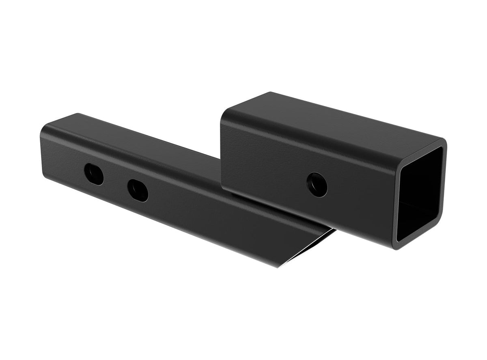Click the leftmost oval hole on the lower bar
click(94, 174)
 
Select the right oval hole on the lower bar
click(138, 190)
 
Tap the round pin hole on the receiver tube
click(317, 185)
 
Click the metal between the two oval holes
click(116, 182)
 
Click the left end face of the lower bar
click(42, 154)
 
